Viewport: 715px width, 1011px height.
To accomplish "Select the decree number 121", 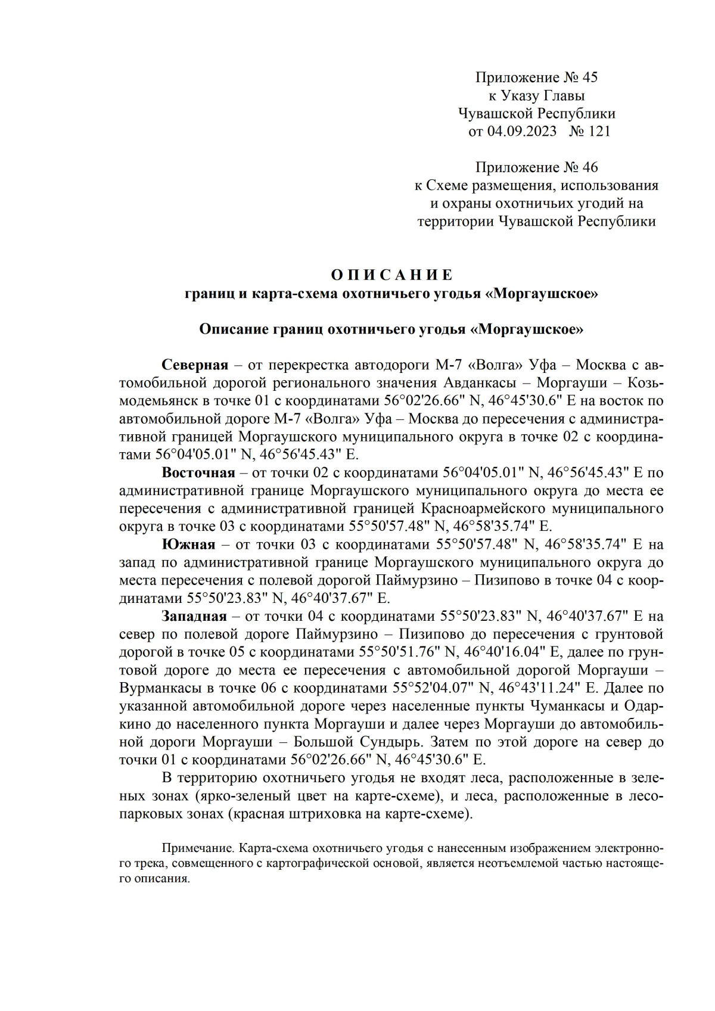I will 599,131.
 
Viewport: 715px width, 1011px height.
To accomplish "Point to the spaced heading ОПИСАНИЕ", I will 391,275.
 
